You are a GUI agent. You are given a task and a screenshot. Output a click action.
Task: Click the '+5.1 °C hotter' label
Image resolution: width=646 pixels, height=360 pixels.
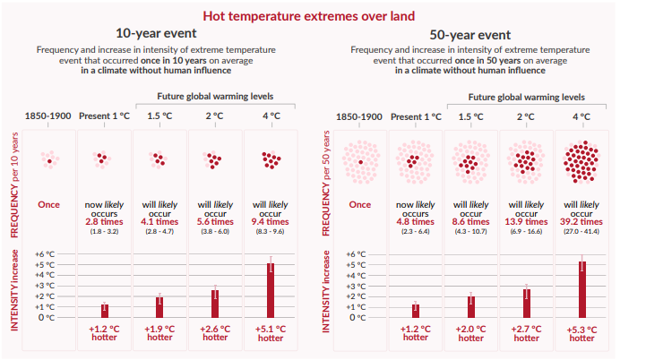[270, 333]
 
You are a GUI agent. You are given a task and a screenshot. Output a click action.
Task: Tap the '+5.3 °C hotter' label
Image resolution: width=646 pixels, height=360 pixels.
[581, 333]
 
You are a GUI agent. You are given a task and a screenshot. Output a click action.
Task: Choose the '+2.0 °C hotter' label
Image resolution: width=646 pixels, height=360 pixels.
[470, 333]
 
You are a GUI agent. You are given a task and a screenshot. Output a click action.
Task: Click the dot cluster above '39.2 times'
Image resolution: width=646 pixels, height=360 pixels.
[581, 161]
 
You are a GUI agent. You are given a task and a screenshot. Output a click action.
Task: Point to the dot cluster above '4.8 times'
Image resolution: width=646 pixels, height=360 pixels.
[415, 161]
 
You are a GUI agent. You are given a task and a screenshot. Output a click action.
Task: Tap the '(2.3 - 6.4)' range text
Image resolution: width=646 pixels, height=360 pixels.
[415, 233]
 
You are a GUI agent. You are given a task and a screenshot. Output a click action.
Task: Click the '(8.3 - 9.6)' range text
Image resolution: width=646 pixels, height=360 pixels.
[270, 233]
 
